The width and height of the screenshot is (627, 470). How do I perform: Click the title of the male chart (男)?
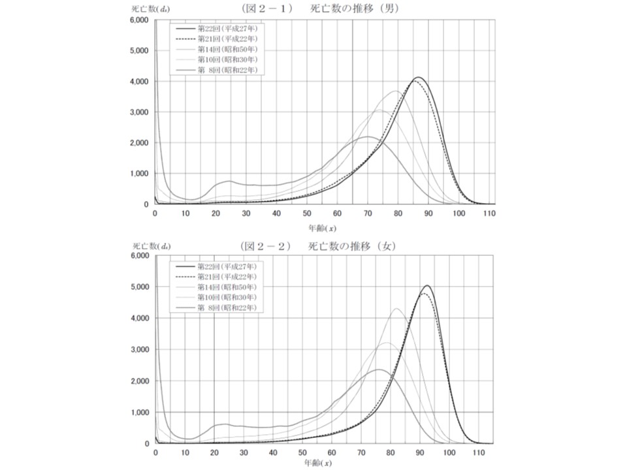coord(321,9)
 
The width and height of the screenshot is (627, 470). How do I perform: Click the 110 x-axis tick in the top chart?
coord(489,213)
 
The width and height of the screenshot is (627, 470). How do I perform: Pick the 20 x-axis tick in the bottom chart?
coord(214,452)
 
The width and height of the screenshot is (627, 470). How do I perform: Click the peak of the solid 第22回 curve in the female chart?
coord(426,285)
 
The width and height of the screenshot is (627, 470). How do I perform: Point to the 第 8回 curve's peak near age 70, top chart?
coord(368,136)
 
